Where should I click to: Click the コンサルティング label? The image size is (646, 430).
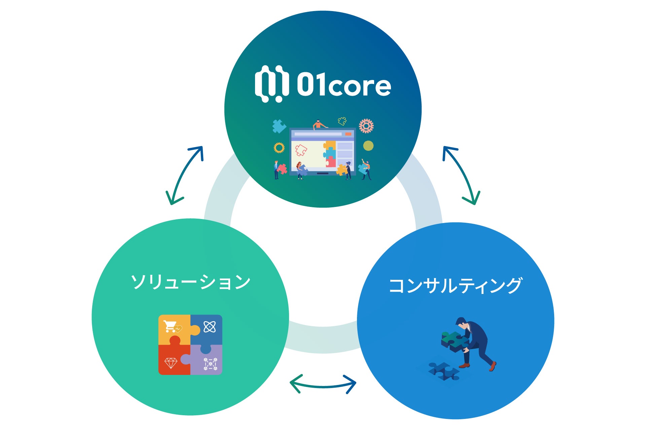(456, 286)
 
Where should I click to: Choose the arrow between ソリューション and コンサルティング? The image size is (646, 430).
(323, 385)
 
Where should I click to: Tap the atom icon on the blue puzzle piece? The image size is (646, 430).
(210, 327)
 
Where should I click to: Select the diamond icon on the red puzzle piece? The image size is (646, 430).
(171, 363)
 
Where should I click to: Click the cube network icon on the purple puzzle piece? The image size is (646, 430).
(210, 364)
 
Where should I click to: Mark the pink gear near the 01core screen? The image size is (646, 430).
(366, 126)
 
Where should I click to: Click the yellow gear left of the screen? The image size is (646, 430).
(279, 147)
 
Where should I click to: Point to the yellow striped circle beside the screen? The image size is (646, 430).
(368, 145)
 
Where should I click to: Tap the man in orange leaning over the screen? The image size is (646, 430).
(319, 125)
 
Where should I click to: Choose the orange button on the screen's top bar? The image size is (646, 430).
(348, 134)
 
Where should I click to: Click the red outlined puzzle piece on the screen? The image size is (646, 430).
(301, 150)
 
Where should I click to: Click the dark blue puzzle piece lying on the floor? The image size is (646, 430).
(444, 371)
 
